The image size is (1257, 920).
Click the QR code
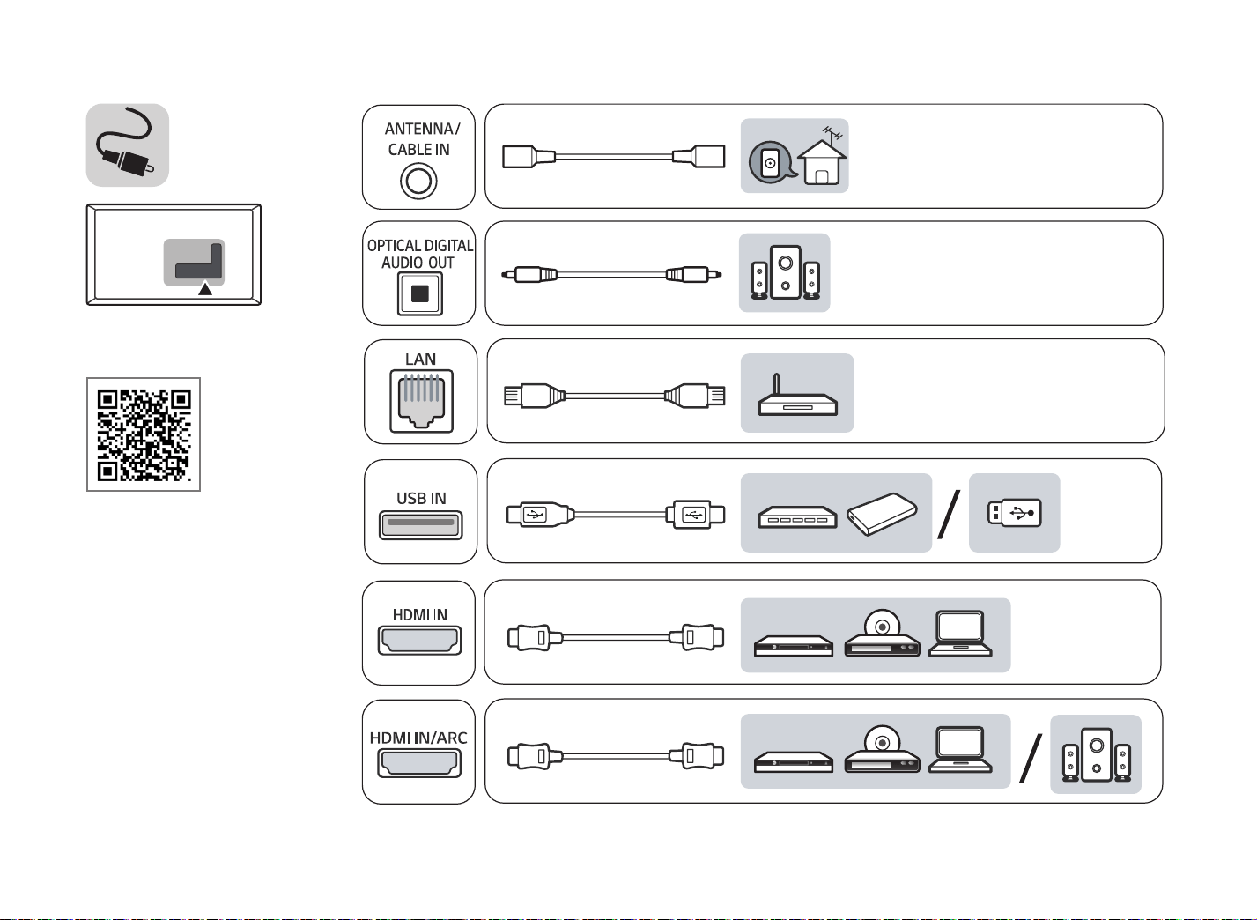coord(144,434)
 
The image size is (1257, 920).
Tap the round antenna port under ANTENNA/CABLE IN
coord(418,181)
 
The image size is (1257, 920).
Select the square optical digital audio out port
coord(420,293)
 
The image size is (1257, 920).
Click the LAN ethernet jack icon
coord(421,401)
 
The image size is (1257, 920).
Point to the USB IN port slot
coord(421,525)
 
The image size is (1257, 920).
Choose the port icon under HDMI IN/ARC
coord(419,763)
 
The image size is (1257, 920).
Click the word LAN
coord(420,360)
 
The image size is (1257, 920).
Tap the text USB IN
coord(421,499)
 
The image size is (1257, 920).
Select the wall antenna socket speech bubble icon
coord(773,161)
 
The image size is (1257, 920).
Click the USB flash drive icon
coord(1015,513)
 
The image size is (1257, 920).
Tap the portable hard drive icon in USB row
coord(882,514)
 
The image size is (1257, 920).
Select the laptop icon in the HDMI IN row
coord(960,634)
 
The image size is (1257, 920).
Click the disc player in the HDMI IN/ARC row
coord(882,749)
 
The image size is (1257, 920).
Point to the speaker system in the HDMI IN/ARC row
coord(1097,754)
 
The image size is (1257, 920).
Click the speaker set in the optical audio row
coord(785,272)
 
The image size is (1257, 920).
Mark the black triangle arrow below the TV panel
coord(205,288)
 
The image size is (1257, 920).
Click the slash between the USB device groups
coord(950,514)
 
